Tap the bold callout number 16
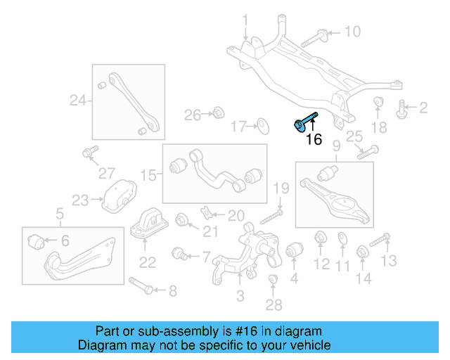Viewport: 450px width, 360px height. (x=314, y=140)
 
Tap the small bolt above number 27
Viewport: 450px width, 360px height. (x=89, y=152)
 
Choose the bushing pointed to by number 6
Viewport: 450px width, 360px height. (x=37, y=243)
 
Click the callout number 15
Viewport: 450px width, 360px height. (x=147, y=173)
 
